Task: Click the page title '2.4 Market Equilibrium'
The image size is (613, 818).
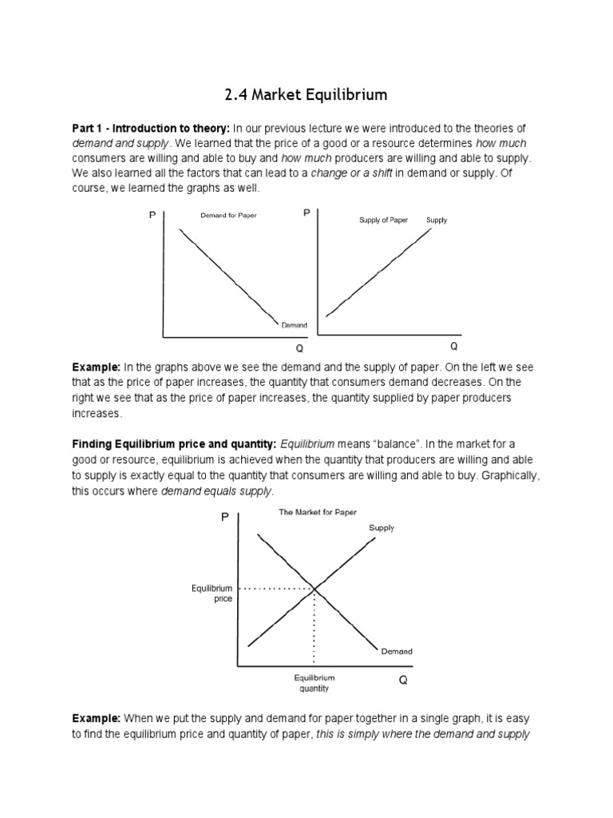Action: coord(306,95)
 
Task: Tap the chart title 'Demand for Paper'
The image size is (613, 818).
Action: coord(228,216)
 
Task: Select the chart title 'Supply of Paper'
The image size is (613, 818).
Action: coord(383,220)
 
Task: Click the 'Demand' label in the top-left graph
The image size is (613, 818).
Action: coord(294,325)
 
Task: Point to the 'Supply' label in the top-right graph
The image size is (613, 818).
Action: coord(437,220)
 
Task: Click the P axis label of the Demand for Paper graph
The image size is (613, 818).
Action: coord(152,216)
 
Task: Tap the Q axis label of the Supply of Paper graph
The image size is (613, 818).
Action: coord(453,347)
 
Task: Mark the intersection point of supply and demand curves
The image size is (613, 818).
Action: coord(314,589)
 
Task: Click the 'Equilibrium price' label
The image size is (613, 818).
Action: coord(212,594)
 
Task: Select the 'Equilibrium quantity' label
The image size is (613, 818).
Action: coord(314,683)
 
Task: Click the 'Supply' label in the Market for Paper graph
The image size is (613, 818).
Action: coord(382,528)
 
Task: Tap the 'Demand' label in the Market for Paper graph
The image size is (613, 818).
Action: coord(397,651)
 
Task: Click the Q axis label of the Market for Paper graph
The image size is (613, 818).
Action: coord(403,681)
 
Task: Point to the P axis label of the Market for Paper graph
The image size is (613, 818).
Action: coord(224,518)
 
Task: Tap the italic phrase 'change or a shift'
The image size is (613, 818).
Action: coord(351,174)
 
